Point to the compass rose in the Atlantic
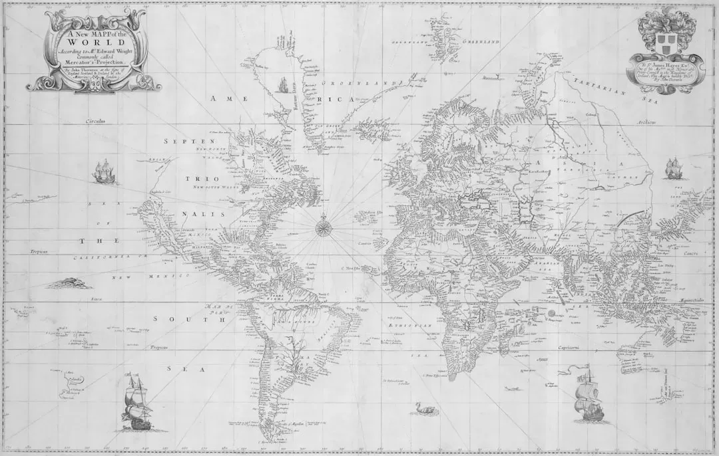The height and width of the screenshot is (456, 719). point(324,227)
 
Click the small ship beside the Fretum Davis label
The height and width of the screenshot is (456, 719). point(282,85)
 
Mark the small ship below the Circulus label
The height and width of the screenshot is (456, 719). point(103,171)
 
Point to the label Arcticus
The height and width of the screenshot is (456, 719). point(645,123)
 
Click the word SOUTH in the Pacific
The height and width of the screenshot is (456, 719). point(190,320)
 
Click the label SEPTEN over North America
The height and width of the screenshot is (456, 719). point(189,142)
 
